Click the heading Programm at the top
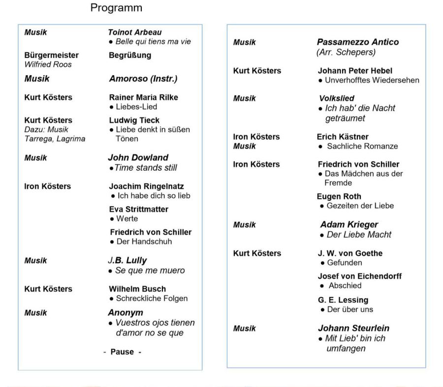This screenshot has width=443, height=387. [x=117, y=8]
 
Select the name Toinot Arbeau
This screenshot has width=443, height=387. [x=135, y=32]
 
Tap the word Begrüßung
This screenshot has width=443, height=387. [x=130, y=55]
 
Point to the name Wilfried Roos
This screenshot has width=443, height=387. [x=48, y=64]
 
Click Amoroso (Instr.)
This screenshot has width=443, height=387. [x=143, y=78]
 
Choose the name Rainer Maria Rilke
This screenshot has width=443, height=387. [x=143, y=97]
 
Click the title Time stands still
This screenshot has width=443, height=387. [x=146, y=168]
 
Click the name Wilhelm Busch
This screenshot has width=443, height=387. [x=137, y=289]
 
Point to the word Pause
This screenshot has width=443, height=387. [x=122, y=352]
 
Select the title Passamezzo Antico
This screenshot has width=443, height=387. [x=358, y=42]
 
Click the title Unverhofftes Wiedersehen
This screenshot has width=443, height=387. [x=372, y=80]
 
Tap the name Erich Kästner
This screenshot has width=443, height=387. [x=343, y=137]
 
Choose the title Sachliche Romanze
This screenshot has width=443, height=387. [x=361, y=146]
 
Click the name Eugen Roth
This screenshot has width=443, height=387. [x=339, y=196]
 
